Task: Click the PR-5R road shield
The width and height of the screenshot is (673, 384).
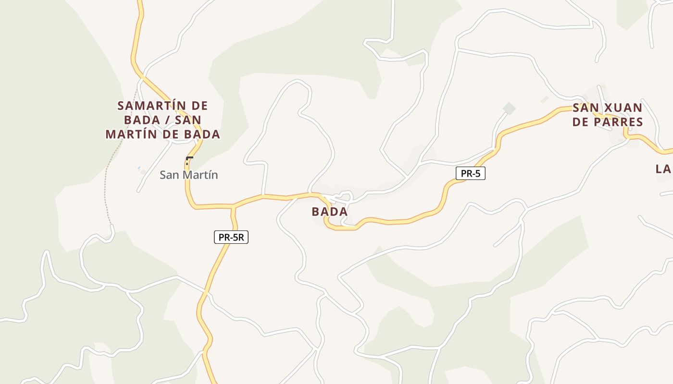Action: point(231,237)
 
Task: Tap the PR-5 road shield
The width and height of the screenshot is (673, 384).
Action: point(471,173)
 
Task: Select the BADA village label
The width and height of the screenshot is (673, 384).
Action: point(330,212)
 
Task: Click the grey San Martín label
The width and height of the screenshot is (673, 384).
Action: point(188,175)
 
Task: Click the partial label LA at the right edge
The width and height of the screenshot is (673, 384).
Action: point(664,169)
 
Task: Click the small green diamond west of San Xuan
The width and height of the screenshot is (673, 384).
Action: point(509,108)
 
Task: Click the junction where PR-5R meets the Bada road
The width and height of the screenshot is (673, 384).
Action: point(233,207)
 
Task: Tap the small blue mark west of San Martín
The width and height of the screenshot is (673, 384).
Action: point(139,168)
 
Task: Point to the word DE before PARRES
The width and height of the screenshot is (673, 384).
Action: point(581,122)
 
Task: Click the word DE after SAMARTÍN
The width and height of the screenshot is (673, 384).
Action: point(199,106)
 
